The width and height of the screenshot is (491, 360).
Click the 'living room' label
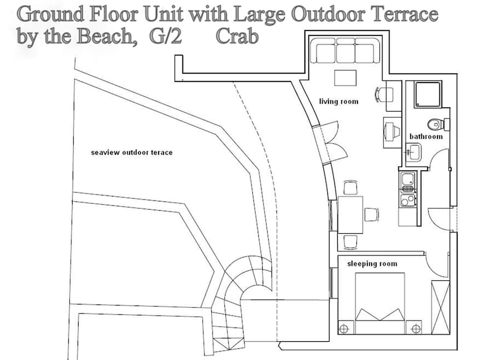[x=338, y=101]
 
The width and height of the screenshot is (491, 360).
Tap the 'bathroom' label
[x=426, y=137]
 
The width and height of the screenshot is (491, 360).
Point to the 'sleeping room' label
[x=372, y=264]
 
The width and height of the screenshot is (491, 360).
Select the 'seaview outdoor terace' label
[x=132, y=153]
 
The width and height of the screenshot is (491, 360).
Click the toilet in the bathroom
[x=438, y=124]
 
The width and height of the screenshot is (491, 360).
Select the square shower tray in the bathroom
[x=428, y=94]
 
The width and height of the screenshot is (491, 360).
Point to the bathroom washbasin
[x=413, y=152]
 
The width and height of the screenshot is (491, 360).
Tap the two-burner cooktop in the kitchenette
[x=408, y=200]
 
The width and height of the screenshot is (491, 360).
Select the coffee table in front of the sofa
[x=345, y=78]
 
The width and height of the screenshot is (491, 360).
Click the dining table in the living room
[x=351, y=215]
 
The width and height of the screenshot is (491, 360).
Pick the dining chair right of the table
[x=371, y=215]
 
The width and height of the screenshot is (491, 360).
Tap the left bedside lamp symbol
[x=344, y=329]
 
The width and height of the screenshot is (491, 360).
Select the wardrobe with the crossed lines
[x=440, y=307]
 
